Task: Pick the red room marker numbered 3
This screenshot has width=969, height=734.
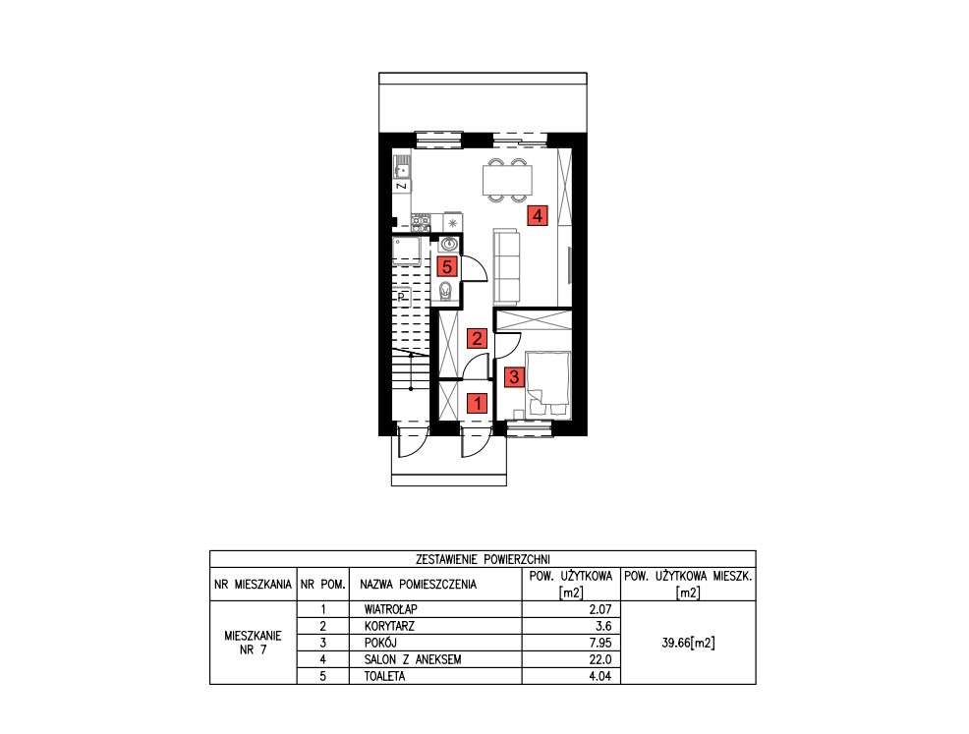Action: [512, 375]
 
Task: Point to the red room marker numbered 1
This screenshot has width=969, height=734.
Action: [477, 401]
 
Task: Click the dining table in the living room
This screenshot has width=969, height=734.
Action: [507, 181]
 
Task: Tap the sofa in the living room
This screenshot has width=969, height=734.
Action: [506, 265]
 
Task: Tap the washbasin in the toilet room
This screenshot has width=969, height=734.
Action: [449, 243]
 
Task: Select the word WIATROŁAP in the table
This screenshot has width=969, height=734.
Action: [390, 609]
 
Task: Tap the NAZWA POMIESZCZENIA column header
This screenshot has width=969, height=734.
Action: [419, 585]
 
